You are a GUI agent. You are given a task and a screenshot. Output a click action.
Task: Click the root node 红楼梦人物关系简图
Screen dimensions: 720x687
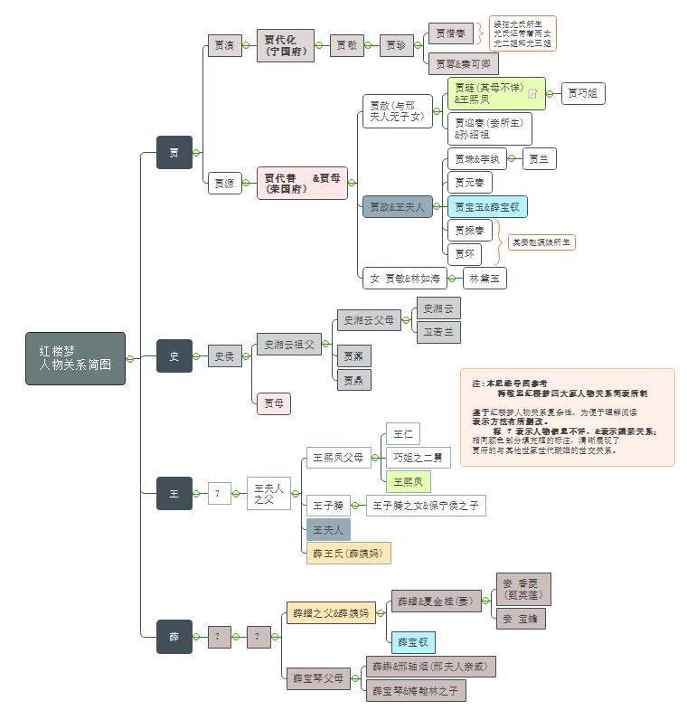pos(76,358)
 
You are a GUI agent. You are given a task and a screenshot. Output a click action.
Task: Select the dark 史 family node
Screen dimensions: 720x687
pos(174,356)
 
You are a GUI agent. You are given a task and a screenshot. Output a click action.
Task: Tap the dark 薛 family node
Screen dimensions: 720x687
pos(174,637)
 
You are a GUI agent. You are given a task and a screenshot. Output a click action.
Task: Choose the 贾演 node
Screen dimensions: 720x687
pos(225,45)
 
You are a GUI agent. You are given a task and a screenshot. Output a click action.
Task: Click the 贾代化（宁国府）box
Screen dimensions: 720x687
pos(286,45)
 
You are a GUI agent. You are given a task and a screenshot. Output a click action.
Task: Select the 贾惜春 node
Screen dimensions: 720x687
pos(450,33)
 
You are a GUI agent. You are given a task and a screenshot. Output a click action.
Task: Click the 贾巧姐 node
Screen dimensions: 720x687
pos(583,93)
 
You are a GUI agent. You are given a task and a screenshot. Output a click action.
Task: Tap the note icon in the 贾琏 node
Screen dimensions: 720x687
pos(533,93)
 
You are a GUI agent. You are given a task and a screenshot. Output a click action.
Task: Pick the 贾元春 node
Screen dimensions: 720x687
pos(469,183)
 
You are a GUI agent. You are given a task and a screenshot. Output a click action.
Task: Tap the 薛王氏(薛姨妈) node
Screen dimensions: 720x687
pos(349,553)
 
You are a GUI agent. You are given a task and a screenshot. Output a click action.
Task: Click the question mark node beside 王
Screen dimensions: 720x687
pos(220,494)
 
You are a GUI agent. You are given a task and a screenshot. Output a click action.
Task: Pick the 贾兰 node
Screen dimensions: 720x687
pos(540,159)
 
